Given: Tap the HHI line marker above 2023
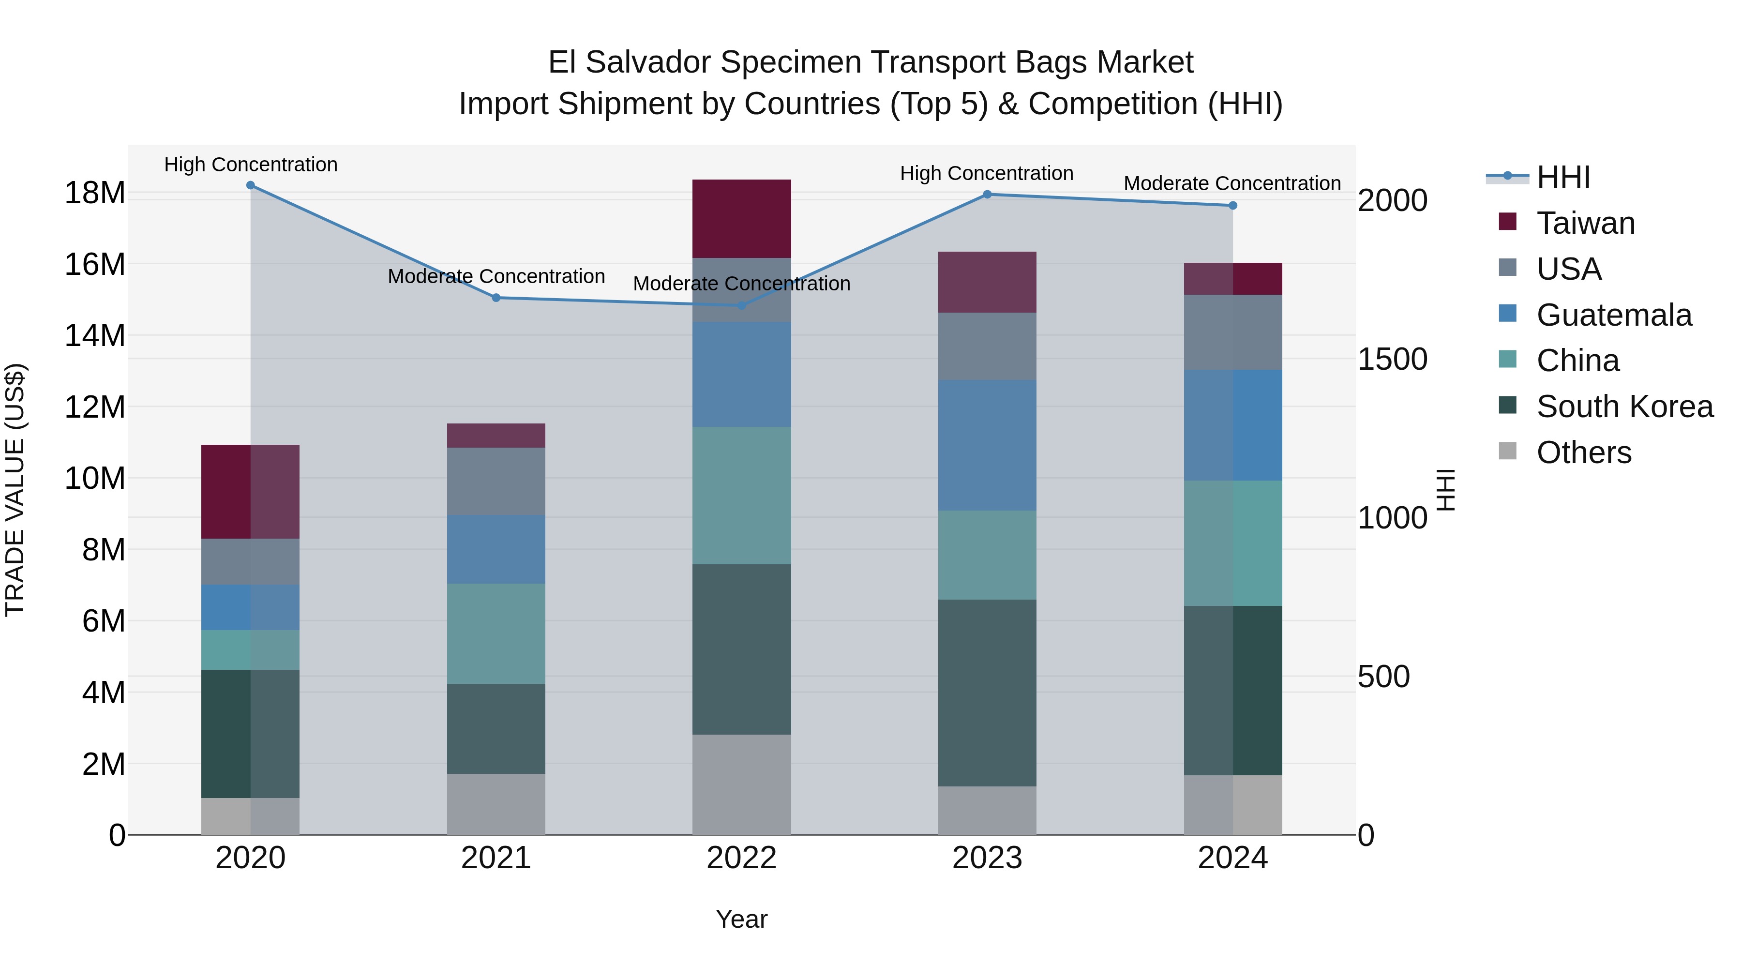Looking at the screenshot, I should coord(987,194).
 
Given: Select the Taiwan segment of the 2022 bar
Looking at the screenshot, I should coord(741,218).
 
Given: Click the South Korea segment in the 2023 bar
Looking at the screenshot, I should coord(987,692).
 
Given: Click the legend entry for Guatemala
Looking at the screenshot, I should coord(1613,315).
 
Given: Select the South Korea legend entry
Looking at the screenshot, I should coord(1624,407).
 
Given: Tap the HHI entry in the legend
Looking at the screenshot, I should coord(1563,177).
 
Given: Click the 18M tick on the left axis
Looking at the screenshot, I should coord(95,194).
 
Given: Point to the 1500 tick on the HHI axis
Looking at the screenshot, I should coord(1392,359).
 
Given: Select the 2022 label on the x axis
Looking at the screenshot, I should coord(741,858).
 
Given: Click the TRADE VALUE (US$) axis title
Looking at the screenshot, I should coord(15,490).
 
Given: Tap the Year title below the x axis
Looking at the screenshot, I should coord(741,919).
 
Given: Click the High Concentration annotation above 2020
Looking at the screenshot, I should coord(250,165).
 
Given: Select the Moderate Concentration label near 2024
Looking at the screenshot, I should coord(1231,183).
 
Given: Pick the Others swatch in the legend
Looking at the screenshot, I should coord(1507,451).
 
